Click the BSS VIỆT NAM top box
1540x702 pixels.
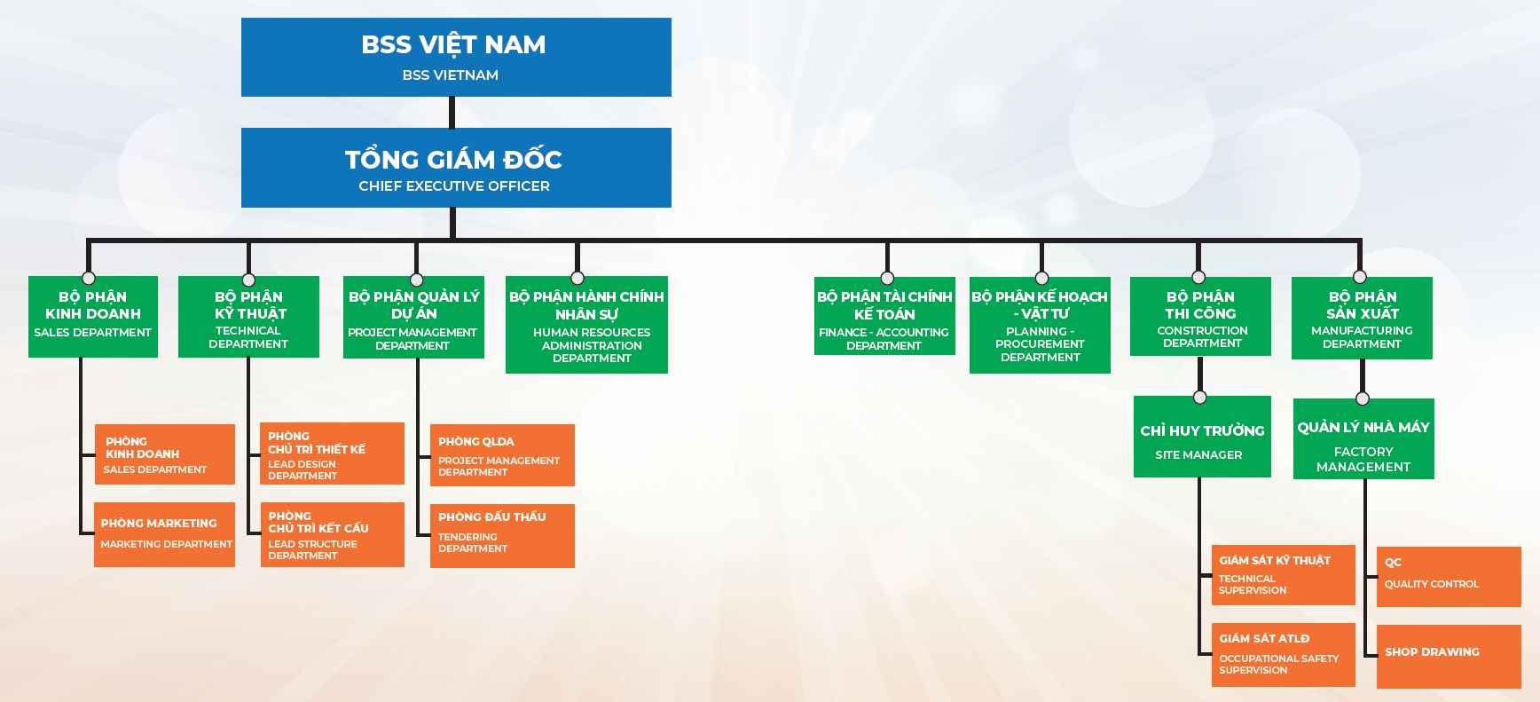click(x=456, y=57)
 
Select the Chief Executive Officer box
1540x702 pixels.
click(x=456, y=168)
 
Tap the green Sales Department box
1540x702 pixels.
click(x=93, y=317)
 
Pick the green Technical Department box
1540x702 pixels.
click(x=248, y=317)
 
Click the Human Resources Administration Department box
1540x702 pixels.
click(x=586, y=325)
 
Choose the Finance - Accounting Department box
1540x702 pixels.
click(x=884, y=316)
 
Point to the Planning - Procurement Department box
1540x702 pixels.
click(x=1040, y=325)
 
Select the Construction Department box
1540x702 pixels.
click(x=1200, y=317)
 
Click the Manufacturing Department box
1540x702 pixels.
click(x=1362, y=318)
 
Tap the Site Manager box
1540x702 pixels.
click(x=1202, y=437)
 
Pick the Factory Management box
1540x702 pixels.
click(x=1363, y=439)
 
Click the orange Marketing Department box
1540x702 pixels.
click(x=165, y=534)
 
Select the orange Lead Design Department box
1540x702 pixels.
click(x=333, y=454)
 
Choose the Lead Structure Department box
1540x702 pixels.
click(x=333, y=534)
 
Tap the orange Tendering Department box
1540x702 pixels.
click(x=502, y=535)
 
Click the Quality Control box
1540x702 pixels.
click(x=1449, y=577)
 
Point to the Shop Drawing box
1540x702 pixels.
click(x=1449, y=656)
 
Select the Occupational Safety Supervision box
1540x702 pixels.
click(x=1283, y=654)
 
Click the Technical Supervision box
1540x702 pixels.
click(x=1283, y=575)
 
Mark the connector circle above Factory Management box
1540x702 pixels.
click(x=1363, y=398)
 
